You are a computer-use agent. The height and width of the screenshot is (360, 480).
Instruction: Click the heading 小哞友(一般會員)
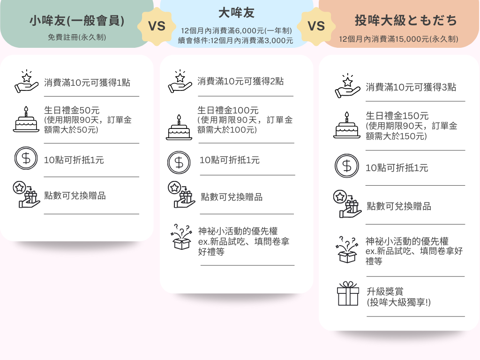(77, 21)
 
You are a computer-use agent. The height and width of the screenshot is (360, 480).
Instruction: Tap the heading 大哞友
(236, 13)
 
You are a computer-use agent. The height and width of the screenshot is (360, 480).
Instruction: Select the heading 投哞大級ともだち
(406, 21)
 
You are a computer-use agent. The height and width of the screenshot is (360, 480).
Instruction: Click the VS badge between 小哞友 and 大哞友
(157, 26)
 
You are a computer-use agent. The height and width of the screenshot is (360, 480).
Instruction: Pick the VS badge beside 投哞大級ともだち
(317, 26)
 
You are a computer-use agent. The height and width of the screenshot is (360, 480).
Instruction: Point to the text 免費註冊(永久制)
(77, 37)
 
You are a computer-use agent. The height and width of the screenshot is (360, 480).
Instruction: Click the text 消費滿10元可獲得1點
(87, 82)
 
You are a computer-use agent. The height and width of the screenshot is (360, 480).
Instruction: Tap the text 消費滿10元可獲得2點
(240, 81)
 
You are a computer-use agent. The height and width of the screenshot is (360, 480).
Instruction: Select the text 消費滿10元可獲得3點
(411, 87)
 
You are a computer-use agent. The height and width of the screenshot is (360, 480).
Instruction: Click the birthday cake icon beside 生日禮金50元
(26, 120)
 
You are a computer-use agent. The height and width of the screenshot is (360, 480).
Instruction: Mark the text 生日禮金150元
(397, 116)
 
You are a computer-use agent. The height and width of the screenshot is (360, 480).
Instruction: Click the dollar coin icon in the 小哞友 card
(26, 158)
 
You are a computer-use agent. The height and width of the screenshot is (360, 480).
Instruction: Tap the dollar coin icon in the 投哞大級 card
(346, 166)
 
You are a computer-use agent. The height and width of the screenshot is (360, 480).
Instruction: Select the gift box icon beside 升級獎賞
(348, 294)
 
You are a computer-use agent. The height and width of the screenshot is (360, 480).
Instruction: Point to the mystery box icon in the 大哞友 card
(182, 238)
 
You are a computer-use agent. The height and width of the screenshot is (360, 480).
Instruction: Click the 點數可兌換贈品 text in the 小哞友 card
(75, 195)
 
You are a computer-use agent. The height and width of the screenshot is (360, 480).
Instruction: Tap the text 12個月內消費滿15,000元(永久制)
(399, 39)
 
